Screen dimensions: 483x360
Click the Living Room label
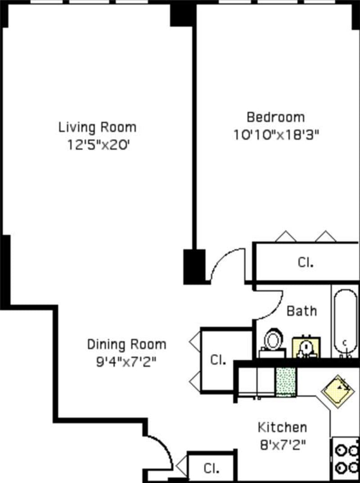point(97,127)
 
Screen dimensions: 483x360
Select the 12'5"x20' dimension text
point(97,145)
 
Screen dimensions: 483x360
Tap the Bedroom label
point(275,117)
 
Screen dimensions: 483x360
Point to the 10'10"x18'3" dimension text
point(276,135)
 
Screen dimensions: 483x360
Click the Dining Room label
point(126,345)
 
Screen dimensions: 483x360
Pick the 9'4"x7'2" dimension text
point(126,362)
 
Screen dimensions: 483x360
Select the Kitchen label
point(282,427)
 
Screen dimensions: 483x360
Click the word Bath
point(301,311)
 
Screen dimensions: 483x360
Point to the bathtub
point(346,322)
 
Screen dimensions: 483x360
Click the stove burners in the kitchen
point(346,459)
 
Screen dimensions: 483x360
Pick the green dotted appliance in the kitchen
point(286,382)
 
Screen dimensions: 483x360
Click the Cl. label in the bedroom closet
point(305,263)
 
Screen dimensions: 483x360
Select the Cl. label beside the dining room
point(218,360)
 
